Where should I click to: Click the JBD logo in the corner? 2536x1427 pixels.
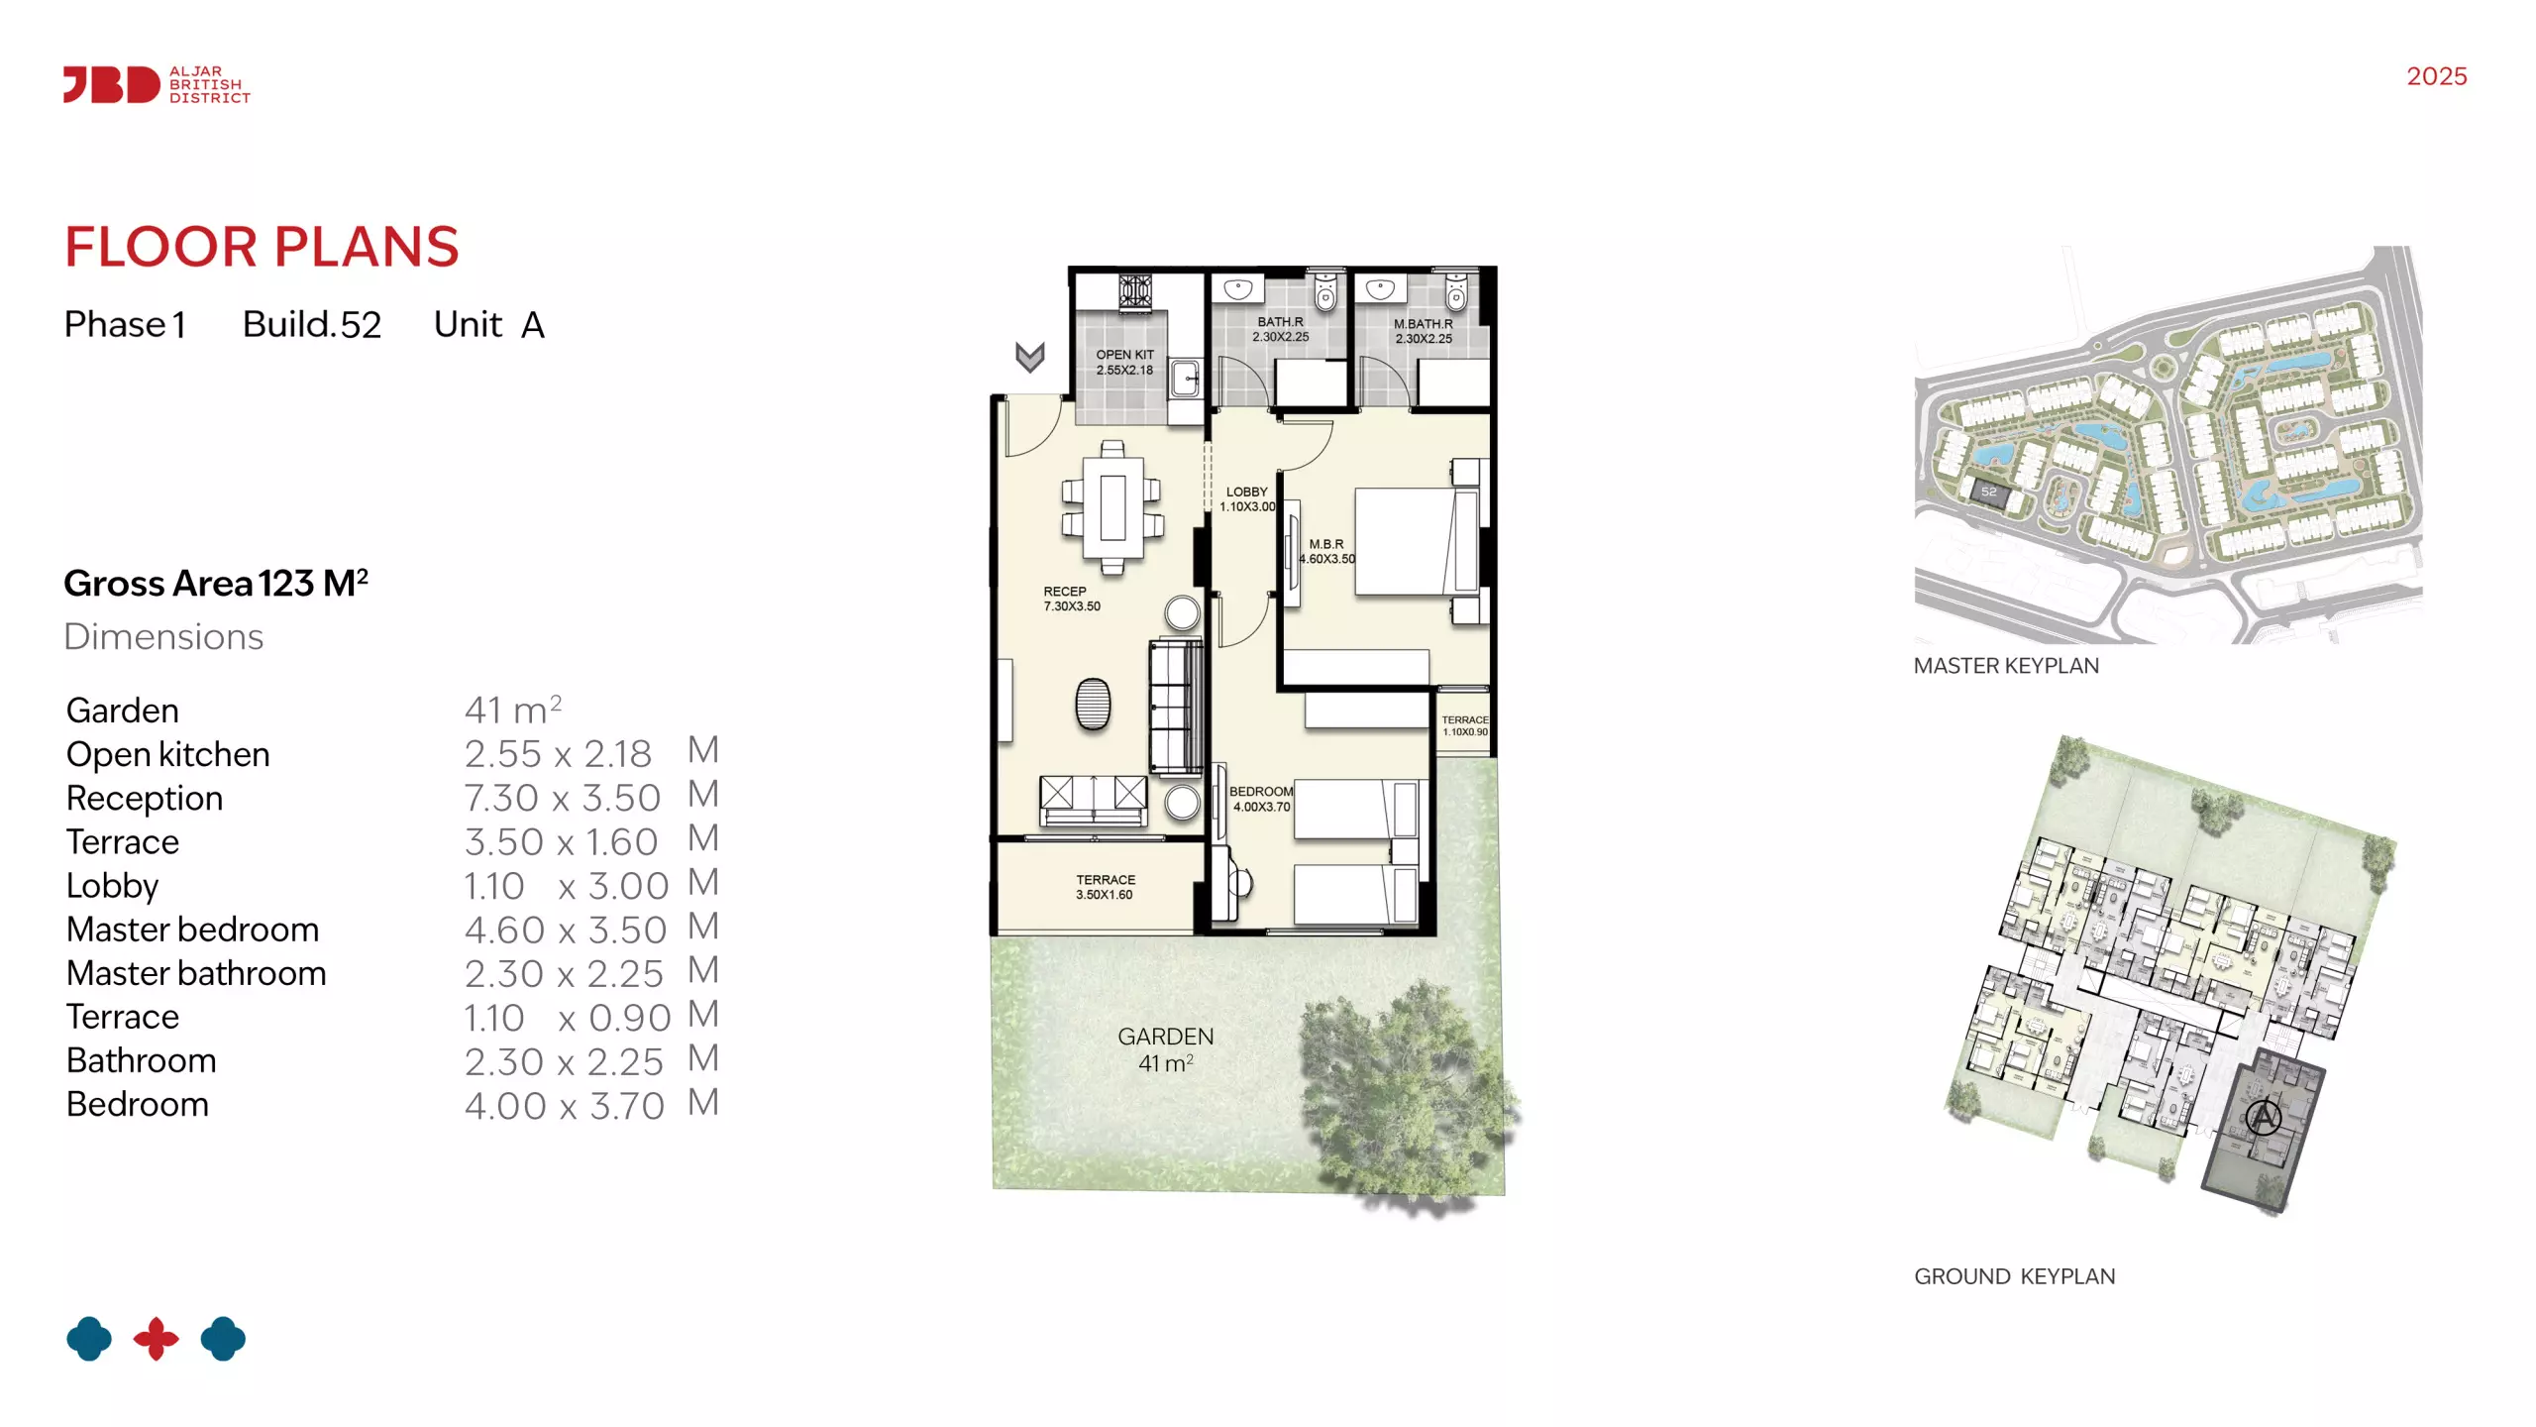point(157,85)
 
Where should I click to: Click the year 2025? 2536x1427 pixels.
point(2437,76)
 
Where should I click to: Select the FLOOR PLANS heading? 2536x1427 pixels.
point(262,247)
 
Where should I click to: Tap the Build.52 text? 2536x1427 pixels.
point(312,324)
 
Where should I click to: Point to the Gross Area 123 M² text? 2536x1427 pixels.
point(216,583)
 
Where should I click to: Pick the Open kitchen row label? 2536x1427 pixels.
point(168,754)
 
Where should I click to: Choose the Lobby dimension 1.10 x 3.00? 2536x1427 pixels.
point(567,886)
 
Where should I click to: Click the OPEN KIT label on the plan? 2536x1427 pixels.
point(1124,362)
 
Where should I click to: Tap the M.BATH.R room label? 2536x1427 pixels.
point(1424,331)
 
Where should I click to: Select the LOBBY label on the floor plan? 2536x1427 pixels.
point(1247,498)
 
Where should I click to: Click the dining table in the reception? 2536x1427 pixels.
point(1112,507)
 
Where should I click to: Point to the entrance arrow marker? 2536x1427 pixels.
point(1030,357)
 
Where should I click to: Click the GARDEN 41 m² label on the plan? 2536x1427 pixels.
point(1166,1049)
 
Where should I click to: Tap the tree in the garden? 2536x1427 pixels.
point(1407,1095)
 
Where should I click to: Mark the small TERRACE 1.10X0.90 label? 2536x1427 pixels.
point(1465,726)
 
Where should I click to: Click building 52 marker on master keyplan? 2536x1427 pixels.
point(1989,493)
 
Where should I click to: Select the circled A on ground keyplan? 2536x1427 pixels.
point(2264,1118)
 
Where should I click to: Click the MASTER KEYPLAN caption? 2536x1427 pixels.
point(2006,666)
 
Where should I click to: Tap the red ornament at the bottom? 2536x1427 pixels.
point(157,1339)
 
